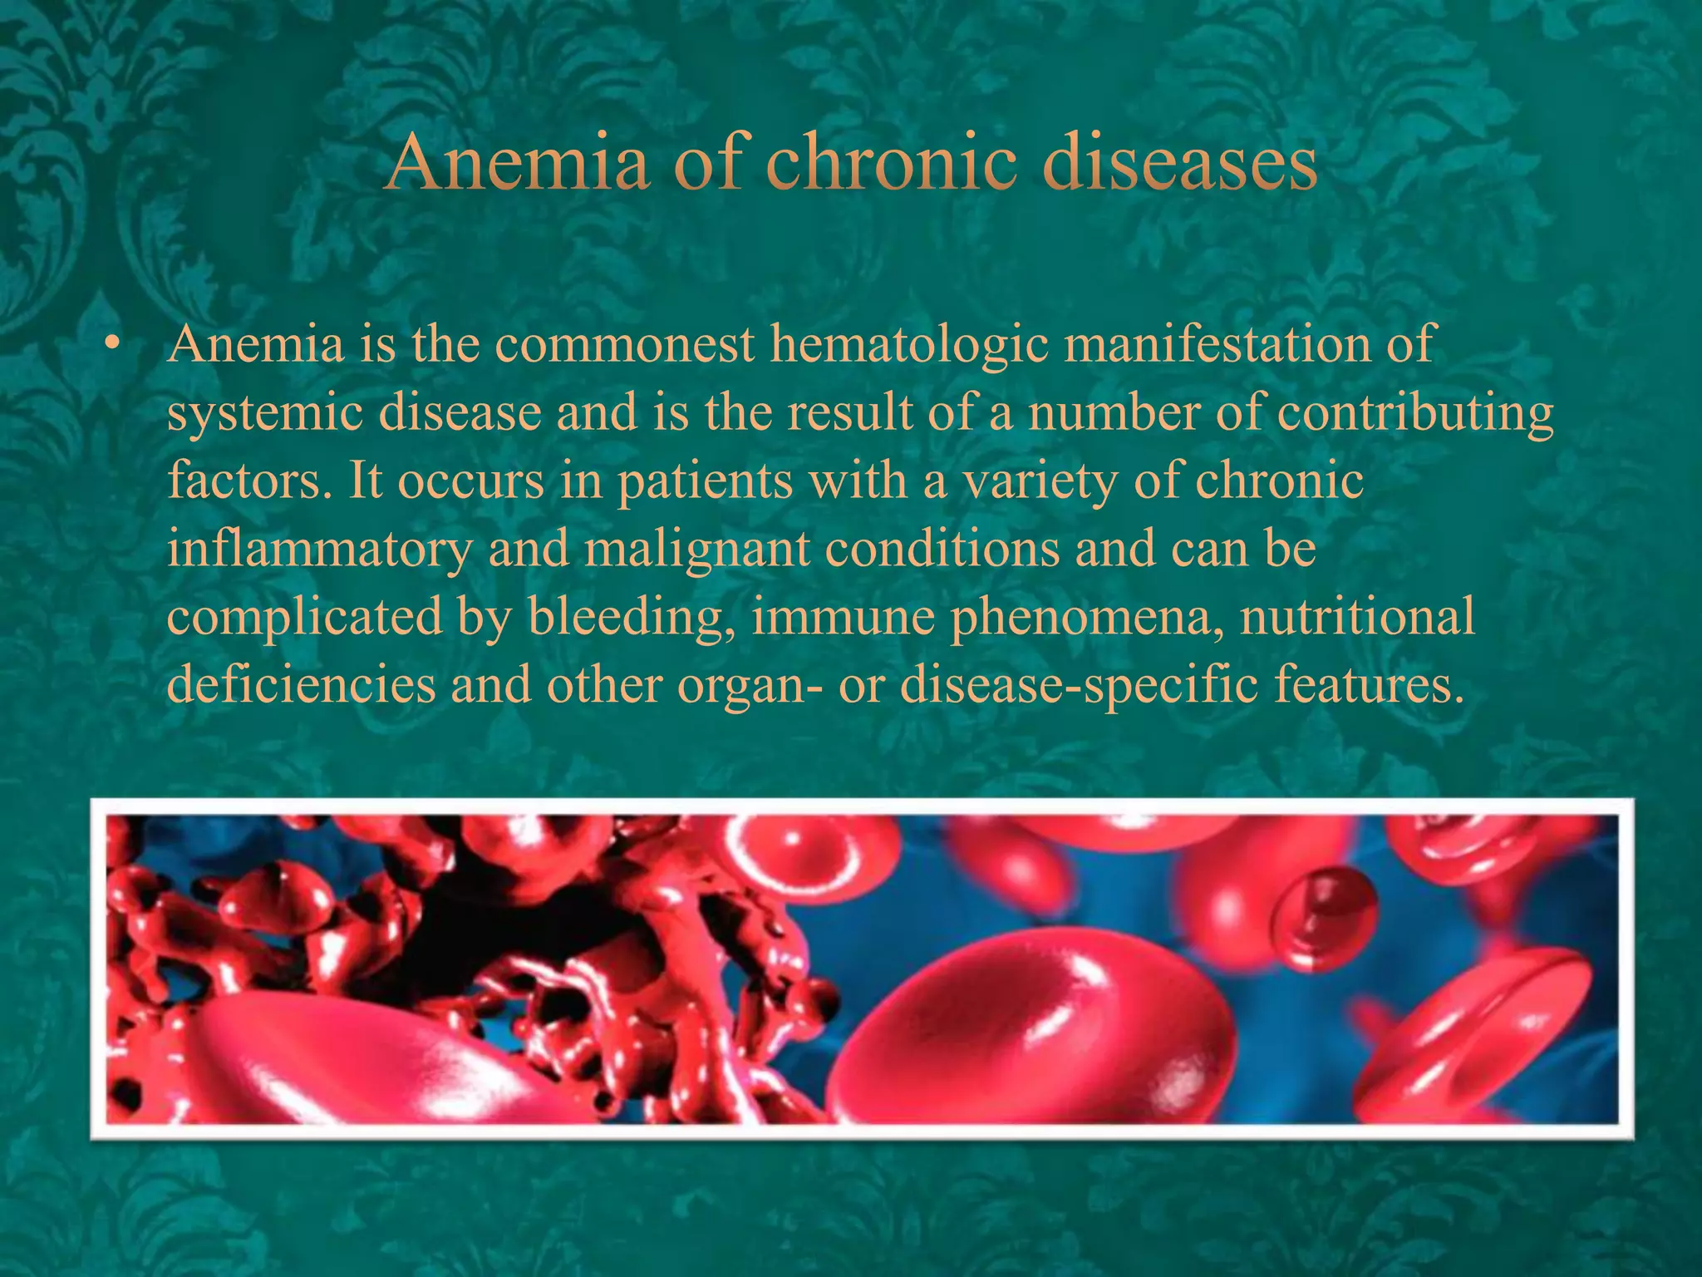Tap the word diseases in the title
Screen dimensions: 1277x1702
tap(1179, 162)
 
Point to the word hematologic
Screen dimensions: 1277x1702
tap(909, 345)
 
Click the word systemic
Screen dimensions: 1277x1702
tap(265, 413)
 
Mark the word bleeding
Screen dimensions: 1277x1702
tap(632, 618)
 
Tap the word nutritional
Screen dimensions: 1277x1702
tap(1357, 618)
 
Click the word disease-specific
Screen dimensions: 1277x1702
tap(1080, 686)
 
